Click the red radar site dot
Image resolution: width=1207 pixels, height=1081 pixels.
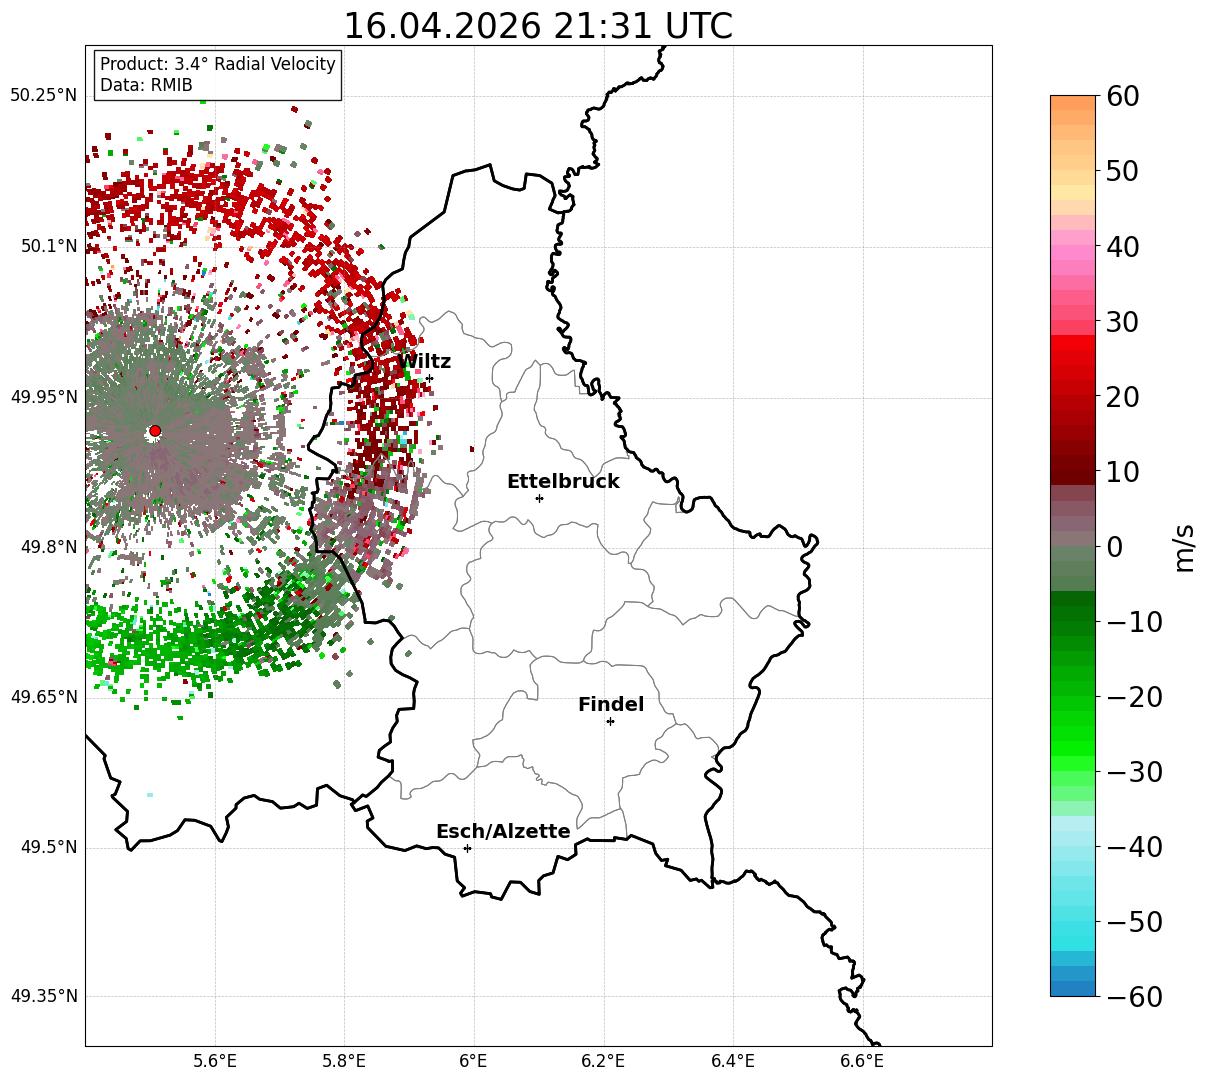(155, 431)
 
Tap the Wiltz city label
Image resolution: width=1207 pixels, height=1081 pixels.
(424, 361)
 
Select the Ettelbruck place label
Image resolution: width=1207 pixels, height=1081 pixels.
(563, 481)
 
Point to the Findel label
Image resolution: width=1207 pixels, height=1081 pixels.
(611, 704)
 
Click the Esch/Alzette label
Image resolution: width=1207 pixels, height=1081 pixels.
(503, 831)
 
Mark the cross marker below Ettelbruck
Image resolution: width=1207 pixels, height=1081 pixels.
(539, 498)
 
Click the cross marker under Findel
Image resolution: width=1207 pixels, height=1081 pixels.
(610, 722)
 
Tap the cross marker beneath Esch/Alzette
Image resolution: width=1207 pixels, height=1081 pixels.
(467, 848)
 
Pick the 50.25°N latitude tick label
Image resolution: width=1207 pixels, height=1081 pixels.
(44, 95)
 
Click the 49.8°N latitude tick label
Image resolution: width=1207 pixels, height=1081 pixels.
(49, 547)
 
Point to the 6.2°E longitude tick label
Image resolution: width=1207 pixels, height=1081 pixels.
(603, 1061)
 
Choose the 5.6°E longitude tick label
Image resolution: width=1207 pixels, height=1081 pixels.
(215, 1061)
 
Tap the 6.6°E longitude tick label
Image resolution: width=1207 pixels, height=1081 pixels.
(862, 1061)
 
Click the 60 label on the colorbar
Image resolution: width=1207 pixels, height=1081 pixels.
(1122, 96)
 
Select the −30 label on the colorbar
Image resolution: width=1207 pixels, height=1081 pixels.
(1134, 772)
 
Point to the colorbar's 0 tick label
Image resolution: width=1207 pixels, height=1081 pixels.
(1115, 547)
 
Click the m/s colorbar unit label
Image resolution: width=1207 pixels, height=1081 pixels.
(1184, 548)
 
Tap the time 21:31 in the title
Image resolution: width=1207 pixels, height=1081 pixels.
(602, 26)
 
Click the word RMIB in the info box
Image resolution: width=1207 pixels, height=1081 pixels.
(172, 85)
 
